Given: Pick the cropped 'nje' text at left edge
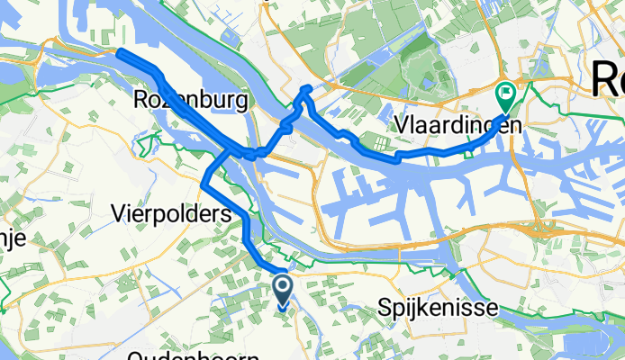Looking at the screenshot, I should (x=13, y=238).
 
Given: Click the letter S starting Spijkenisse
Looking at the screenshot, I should (x=385, y=308).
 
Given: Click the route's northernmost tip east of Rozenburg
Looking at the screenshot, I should (x=308, y=87).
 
